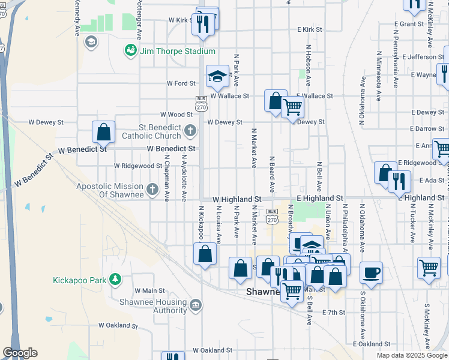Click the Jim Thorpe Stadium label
[x=177, y=51]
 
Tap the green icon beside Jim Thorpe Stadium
[x=130, y=51]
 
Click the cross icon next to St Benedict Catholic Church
[x=190, y=130]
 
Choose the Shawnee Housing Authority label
[x=153, y=306]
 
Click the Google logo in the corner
[x=20, y=353]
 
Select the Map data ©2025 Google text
[x=412, y=355]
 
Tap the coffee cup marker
[x=371, y=272]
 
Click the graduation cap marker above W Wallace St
[x=217, y=76]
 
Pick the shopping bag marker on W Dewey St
[x=103, y=131]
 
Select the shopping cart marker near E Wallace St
[x=292, y=107]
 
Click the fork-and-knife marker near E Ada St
[x=399, y=181]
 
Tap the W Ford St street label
[x=181, y=83]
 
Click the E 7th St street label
[x=334, y=313]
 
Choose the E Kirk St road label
[x=310, y=29]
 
